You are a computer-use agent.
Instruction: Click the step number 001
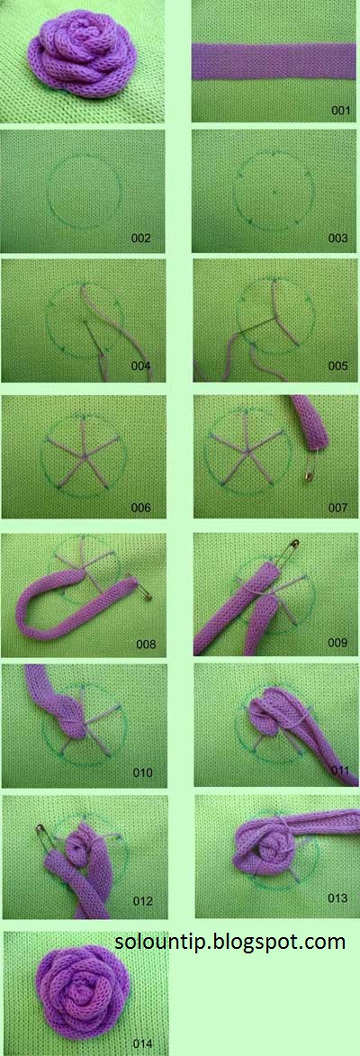point(342,111)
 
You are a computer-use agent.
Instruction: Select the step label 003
point(337,238)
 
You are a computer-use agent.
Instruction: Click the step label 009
point(337,643)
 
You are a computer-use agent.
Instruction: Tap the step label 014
point(143,1043)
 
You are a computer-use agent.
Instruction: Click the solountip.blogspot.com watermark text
point(229,941)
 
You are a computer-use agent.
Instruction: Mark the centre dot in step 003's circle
point(275,192)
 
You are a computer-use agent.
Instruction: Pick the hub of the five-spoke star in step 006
point(84,457)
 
